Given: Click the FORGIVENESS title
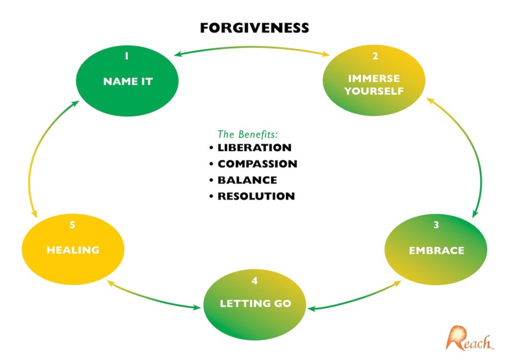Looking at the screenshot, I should pyautogui.click(x=254, y=28).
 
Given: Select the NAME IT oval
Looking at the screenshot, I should pyautogui.click(x=128, y=80).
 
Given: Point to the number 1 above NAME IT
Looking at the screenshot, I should pyautogui.click(x=127, y=56).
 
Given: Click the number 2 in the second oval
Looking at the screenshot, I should pyautogui.click(x=375, y=56).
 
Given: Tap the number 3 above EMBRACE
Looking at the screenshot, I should pyautogui.click(x=436, y=225).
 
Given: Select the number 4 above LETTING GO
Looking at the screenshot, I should pyautogui.click(x=254, y=281).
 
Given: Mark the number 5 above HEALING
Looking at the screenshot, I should pyautogui.click(x=72, y=225).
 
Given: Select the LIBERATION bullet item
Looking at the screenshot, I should pyautogui.click(x=254, y=148).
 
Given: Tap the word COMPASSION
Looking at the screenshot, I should pyautogui.click(x=257, y=164).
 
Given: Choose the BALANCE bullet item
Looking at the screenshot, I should pyautogui.click(x=247, y=180).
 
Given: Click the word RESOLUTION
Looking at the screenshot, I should pyautogui.click(x=256, y=196).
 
